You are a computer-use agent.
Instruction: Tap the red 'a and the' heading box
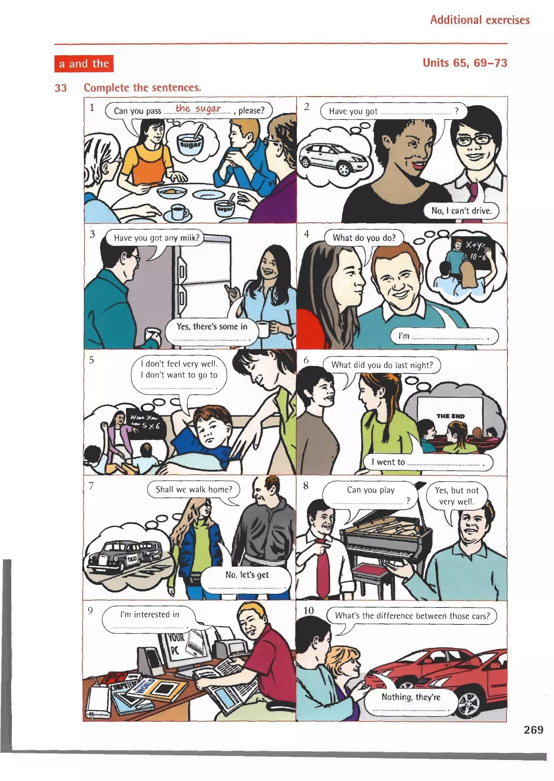(84, 64)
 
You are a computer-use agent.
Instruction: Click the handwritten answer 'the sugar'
(198, 108)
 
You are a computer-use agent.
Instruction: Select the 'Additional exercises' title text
(480, 20)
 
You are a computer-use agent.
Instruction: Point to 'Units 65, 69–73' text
(465, 63)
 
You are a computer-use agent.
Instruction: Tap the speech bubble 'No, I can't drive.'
(461, 211)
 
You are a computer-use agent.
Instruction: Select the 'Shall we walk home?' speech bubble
(194, 489)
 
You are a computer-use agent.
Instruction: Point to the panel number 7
(91, 486)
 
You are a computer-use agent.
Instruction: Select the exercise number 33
(61, 88)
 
